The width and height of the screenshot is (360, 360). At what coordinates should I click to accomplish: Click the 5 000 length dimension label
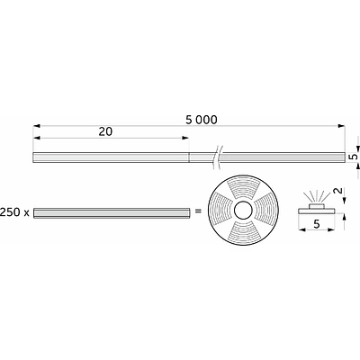[202, 120]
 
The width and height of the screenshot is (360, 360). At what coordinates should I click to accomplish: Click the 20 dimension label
[105, 131]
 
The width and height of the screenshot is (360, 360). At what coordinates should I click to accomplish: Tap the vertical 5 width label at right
[354, 157]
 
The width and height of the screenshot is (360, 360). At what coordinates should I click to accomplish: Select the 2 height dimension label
[337, 191]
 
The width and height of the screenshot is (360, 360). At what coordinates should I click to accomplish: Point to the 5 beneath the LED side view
[317, 224]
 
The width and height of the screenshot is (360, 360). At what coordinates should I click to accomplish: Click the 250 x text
[14, 212]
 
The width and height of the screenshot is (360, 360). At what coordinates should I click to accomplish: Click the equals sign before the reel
[198, 211]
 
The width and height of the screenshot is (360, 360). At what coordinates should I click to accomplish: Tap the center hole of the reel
[243, 211]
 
